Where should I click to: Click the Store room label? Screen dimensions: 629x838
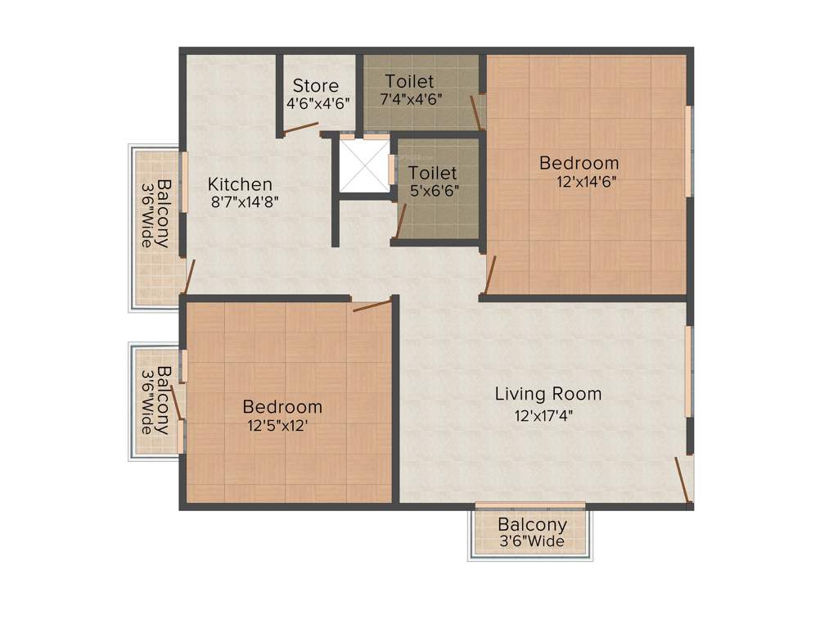(316, 85)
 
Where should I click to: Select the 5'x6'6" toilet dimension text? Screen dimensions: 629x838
(434, 190)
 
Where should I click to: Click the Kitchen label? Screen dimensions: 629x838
(240, 184)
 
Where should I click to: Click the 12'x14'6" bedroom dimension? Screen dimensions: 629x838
(586, 182)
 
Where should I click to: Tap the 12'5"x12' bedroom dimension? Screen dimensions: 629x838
(277, 425)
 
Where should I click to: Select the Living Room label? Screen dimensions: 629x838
(548, 394)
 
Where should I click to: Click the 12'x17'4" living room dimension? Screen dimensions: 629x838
(543, 414)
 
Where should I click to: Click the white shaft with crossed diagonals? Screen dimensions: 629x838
(363, 166)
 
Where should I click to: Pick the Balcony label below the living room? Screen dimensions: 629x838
(532, 525)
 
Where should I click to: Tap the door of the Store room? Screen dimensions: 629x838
(300, 128)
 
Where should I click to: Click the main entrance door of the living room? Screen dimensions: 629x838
(681, 479)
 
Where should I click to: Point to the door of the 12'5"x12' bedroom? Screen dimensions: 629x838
(372, 306)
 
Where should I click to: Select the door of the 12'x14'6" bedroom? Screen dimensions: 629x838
(489, 275)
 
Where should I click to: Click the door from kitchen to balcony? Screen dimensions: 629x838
(189, 277)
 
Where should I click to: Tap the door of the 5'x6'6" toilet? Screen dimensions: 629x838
(401, 220)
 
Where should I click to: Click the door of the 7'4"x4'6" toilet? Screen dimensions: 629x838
(476, 111)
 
